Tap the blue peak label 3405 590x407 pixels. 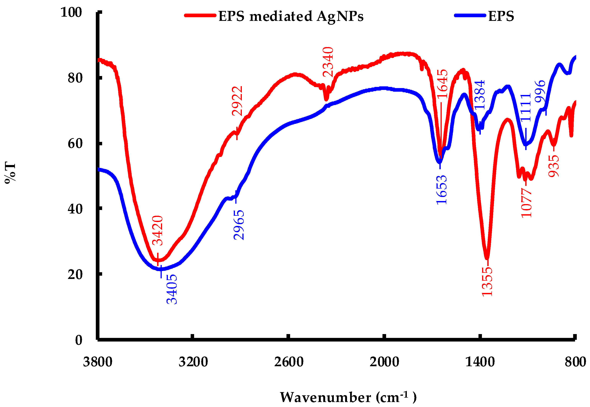pyautogui.click(x=172, y=289)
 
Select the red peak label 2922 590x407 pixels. pyautogui.click(x=237, y=101)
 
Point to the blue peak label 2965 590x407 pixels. pyautogui.click(x=239, y=225)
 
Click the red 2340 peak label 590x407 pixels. pyautogui.click(x=328, y=62)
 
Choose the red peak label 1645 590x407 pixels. pyautogui.click(x=442, y=84)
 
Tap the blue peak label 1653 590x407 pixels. pyautogui.click(x=442, y=190)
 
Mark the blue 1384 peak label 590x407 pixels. pyautogui.click(x=479, y=95)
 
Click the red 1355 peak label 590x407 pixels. pyautogui.click(x=487, y=282)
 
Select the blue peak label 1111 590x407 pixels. pyautogui.click(x=526, y=108)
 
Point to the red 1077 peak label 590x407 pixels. pyautogui.click(x=526, y=203)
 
